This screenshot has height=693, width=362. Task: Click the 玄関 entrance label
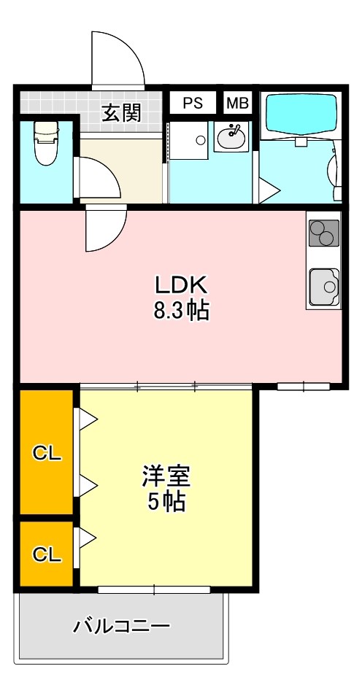click(120, 112)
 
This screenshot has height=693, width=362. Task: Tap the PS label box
click(193, 103)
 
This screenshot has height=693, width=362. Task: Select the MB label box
click(236, 103)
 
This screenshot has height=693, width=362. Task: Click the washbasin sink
click(233, 136)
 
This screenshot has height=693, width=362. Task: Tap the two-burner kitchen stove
click(323, 233)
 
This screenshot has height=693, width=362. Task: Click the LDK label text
click(181, 283)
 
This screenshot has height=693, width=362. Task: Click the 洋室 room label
click(166, 476)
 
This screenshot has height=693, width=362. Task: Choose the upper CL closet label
click(46, 452)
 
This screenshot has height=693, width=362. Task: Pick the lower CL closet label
click(46, 554)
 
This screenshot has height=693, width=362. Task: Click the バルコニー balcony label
click(122, 625)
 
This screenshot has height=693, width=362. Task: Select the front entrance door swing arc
click(117, 58)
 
